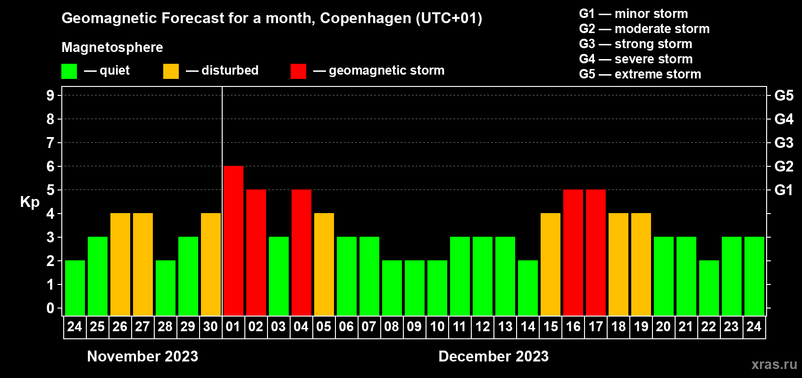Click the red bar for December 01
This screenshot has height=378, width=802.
(233, 241)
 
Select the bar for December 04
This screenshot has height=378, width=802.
(301, 252)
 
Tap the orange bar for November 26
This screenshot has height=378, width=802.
(120, 264)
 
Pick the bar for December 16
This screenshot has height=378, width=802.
(573, 252)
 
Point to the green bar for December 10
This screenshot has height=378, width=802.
(437, 288)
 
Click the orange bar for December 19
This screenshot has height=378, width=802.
(641, 264)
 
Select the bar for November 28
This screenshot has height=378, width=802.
(165, 288)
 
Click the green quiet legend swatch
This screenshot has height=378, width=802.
(69, 71)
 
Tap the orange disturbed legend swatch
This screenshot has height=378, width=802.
(171, 71)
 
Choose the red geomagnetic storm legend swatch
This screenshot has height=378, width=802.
(298, 71)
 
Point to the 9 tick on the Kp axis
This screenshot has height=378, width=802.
(50, 95)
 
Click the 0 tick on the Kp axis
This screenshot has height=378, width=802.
(50, 308)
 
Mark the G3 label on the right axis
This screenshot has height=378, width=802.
(784, 143)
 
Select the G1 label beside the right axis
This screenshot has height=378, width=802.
(784, 190)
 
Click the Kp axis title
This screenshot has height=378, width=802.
(30, 202)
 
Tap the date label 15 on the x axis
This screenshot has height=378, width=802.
(550, 326)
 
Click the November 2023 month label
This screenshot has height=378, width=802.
(142, 356)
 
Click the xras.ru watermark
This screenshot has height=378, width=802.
(774, 364)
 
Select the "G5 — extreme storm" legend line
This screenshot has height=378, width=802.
(640, 74)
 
